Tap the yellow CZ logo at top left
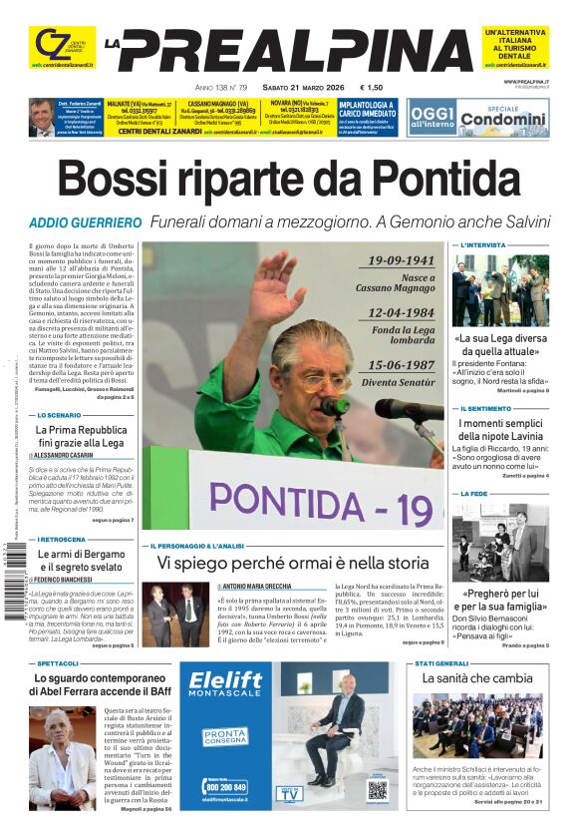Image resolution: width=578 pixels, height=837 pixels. coord(51,44)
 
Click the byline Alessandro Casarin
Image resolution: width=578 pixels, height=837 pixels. coord(71,455)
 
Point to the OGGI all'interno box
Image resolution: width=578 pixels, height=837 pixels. coord(432,116)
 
